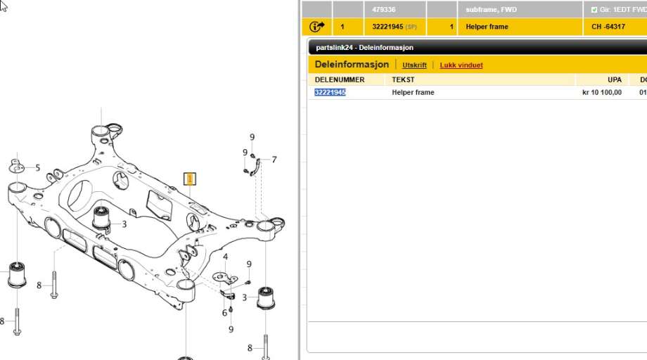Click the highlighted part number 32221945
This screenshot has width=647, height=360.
tap(330, 92)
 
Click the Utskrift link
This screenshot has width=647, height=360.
tap(414, 65)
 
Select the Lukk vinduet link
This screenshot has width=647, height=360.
tap(461, 65)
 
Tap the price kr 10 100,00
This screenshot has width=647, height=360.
tap(602, 92)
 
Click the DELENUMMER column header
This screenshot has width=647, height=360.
tap(340, 79)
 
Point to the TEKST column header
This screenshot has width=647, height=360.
tap(403, 79)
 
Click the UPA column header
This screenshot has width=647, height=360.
tap(615, 79)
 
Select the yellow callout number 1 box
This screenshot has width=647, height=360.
tap(190, 179)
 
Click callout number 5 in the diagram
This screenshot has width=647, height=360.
tap(37, 168)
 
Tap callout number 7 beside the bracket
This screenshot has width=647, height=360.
tap(274, 160)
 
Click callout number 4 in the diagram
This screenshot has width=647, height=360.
tap(225, 257)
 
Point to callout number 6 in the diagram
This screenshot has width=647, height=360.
tap(224, 313)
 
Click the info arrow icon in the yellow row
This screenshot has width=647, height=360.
tap(317, 27)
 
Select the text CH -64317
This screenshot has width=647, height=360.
tap(608, 27)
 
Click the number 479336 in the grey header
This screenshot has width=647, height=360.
tap(384, 9)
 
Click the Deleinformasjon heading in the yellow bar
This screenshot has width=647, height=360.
tap(352, 64)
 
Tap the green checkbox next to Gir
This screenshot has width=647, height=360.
tap(594, 9)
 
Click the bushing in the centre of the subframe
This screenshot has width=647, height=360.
tap(101, 219)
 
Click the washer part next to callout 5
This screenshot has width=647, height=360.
tap(16, 167)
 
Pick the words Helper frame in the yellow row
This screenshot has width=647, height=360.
tap(487, 27)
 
